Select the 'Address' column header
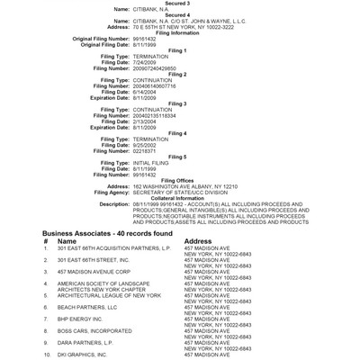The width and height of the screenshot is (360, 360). tap(198, 241)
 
